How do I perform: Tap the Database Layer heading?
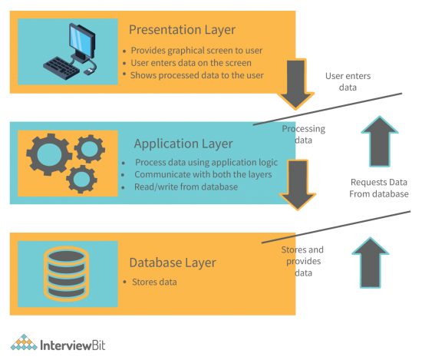tap(172, 263)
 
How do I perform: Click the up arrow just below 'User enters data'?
tap(384, 140)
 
